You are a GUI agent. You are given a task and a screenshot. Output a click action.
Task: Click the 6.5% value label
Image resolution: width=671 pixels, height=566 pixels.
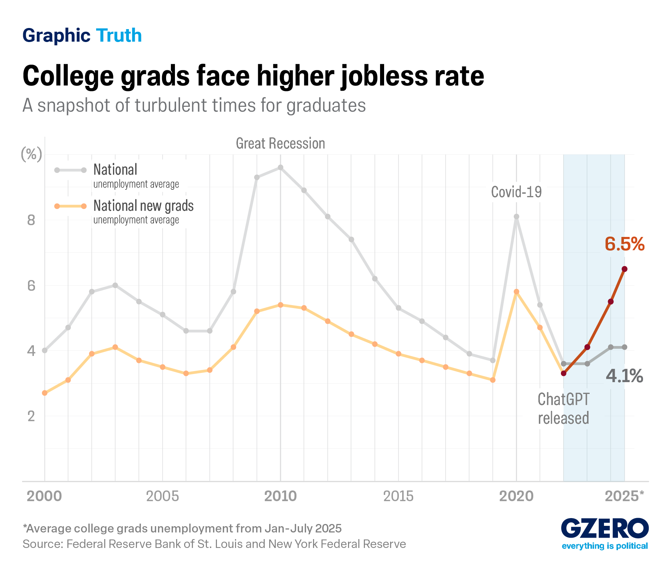click(625, 244)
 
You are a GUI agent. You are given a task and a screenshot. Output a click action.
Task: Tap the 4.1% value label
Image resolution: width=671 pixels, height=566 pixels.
click(625, 376)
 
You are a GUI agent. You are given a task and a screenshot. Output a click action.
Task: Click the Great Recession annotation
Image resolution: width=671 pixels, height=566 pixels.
click(280, 143)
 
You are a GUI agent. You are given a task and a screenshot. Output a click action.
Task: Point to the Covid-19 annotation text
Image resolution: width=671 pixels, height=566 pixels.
click(516, 192)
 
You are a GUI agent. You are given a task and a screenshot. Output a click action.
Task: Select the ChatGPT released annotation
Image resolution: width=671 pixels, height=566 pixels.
click(563, 409)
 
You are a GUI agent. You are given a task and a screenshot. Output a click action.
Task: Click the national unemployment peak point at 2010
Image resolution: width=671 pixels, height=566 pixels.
click(280, 167)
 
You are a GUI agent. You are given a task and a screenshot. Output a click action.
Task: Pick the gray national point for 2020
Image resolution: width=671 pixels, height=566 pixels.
click(516, 217)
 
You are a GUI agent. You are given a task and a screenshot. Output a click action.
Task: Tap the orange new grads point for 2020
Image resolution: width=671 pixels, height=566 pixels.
click(516, 291)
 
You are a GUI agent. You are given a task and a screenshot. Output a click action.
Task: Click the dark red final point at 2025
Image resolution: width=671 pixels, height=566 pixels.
click(625, 269)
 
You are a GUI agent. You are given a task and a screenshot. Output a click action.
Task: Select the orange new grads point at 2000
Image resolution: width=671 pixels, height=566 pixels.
click(45, 393)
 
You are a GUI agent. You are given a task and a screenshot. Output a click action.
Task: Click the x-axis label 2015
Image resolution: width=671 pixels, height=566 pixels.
click(398, 496)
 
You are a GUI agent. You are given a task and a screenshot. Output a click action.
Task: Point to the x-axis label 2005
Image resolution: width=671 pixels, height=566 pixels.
click(162, 496)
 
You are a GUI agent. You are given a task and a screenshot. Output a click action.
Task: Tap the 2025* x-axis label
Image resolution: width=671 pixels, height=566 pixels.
click(625, 496)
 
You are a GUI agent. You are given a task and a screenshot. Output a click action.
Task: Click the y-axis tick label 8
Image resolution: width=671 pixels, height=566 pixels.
click(31, 220)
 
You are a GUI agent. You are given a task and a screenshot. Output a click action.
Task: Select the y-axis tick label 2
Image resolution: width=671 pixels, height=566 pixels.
click(31, 416)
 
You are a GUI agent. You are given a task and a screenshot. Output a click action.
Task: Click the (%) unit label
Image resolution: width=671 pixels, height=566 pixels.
click(31, 154)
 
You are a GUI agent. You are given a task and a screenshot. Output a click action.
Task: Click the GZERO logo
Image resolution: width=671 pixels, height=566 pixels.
click(605, 529)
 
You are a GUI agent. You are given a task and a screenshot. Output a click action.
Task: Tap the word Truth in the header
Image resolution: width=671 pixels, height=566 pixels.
click(119, 35)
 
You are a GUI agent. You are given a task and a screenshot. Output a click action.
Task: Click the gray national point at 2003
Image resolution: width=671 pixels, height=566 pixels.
click(115, 285)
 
